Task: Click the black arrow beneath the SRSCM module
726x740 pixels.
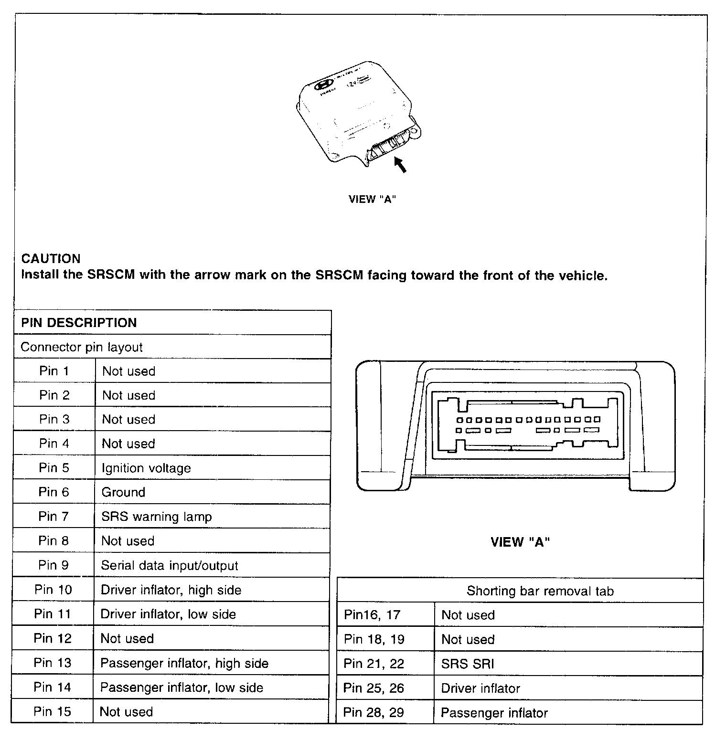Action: (x=400, y=165)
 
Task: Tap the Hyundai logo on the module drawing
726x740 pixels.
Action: (x=324, y=85)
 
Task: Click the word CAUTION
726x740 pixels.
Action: (x=51, y=259)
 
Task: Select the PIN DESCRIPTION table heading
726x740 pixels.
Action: (x=79, y=323)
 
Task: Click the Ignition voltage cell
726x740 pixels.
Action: (x=146, y=468)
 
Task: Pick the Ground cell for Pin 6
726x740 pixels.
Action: (x=123, y=492)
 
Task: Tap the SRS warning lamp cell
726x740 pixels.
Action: (x=157, y=517)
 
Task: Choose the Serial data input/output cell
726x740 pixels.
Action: (x=170, y=566)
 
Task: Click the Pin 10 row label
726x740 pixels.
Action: (x=53, y=590)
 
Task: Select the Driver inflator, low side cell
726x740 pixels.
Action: (x=168, y=614)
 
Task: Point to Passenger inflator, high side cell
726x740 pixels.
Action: (x=184, y=663)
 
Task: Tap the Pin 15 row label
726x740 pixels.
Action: (x=52, y=711)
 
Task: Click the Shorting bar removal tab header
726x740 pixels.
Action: (x=540, y=591)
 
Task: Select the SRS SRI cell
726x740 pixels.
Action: (x=468, y=664)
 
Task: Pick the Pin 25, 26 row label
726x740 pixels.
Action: (x=374, y=688)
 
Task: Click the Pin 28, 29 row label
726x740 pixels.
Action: (x=374, y=713)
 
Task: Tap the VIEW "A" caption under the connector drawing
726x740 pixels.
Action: (x=520, y=542)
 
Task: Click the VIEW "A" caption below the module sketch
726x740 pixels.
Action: (x=373, y=200)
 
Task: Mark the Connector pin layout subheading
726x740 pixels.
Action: (x=82, y=347)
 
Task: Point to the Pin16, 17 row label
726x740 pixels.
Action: (x=372, y=614)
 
